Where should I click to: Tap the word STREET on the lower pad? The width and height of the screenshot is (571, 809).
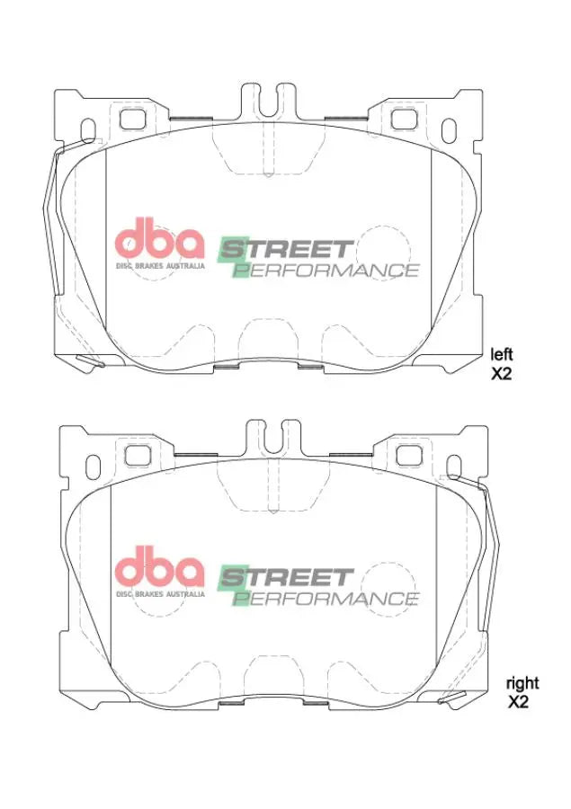(288, 575)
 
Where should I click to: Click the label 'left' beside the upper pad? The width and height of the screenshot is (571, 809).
(501, 354)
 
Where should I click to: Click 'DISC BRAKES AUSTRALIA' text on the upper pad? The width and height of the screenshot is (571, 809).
(159, 265)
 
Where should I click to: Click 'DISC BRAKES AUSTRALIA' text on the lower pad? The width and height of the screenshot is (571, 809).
(159, 593)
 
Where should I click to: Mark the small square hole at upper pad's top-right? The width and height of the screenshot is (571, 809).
(404, 118)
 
